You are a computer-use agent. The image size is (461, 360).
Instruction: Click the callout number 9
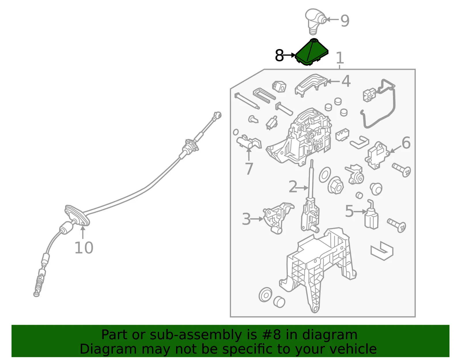pos(345,20)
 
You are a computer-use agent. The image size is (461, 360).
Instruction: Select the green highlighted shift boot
pos(312,52)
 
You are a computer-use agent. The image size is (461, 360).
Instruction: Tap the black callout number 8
pos(279,55)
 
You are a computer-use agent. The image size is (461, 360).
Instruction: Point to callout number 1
pos(340,58)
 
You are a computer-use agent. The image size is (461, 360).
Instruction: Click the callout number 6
pos(406,143)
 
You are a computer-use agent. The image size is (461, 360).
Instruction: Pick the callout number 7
pos(249,169)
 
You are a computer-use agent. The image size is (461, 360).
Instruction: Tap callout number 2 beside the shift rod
pos(293,187)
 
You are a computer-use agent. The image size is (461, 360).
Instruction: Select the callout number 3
pos(246,219)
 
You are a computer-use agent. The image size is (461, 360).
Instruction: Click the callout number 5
pos(349,211)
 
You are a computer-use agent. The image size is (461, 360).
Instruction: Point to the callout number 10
pos(84,248)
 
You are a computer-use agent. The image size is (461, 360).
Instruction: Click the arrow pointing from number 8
pos(290,55)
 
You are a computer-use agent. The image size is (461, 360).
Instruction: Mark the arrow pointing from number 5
pos(360,212)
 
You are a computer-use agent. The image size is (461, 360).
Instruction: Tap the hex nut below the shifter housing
pos(336,185)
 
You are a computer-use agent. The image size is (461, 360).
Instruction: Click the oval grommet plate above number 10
pos(77,215)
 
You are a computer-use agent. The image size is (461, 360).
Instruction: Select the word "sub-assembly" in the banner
pos(196,335)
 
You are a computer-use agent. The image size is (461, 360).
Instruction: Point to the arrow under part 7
pos(249,154)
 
